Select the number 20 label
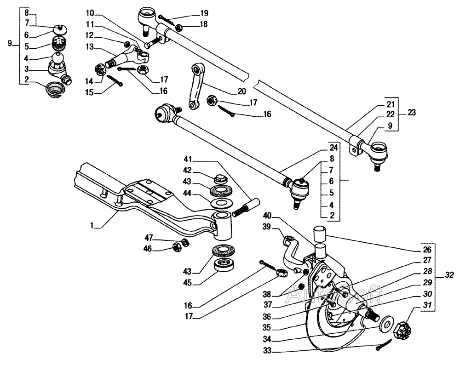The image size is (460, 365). [x=242, y=91]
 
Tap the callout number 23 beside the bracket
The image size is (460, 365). [x=412, y=113]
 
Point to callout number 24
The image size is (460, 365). [x=333, y=148]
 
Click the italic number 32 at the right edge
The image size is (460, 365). [x=449, y=275]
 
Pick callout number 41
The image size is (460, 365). [x=188, y=159]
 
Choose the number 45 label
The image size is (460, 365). [x=187, y=283]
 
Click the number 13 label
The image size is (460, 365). [x=90, y=46]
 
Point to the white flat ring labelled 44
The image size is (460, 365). [x=220, y=203]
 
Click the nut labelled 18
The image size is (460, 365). [x=178, y=28]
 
